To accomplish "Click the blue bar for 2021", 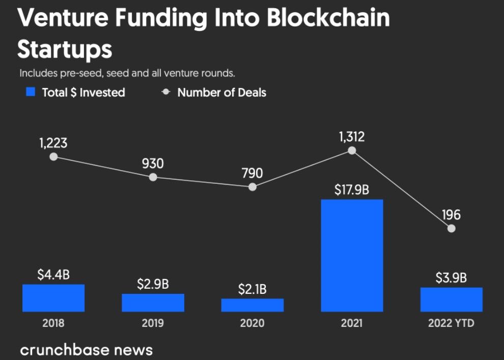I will click(352, 255).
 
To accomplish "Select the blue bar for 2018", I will click(53, 298).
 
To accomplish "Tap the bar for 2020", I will click(253, 305).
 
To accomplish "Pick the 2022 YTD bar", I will click(451, 299).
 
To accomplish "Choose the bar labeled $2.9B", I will click(153, 302).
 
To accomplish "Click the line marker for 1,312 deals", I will click(352, 151).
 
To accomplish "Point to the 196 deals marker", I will click(451, 229).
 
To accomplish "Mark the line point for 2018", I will click(53, 157).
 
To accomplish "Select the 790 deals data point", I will click(253, 187).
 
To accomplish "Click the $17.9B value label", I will click(352, 190).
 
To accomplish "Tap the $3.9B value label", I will click(451, 278).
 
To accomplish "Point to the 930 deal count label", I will click(153, 163).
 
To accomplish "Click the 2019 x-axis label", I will click(153, 323).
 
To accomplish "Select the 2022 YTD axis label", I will click(451, 323).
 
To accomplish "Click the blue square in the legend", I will click(31, 92).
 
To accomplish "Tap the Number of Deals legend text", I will click(221, 93).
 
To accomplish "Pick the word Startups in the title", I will click(65, 49).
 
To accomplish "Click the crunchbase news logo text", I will click(86, 350).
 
